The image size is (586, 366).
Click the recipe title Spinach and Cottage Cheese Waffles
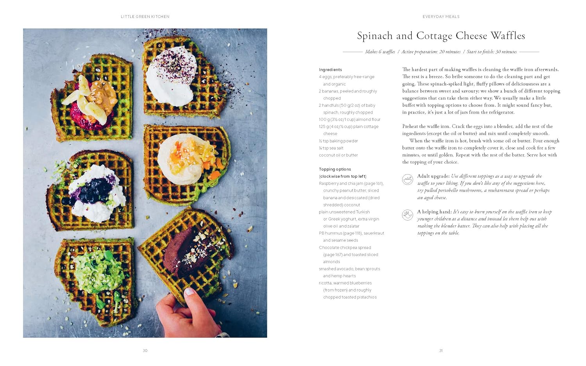(x=441, y=36)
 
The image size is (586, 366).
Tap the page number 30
(x=145, y=350)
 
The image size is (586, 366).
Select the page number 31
(x=441, y=350)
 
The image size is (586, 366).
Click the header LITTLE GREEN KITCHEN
(x=145, y=16)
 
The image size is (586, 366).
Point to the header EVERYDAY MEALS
(x=441, y=16)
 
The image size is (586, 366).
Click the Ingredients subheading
(x=331, y=70)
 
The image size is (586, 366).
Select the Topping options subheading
(x=335, y=169)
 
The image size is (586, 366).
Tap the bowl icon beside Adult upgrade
(x=407, y=179)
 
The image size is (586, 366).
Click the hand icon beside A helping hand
(x=407, y=215)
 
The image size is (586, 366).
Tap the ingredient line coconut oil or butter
(x=338, y=155)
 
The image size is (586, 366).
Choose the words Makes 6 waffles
(x=380, y=52)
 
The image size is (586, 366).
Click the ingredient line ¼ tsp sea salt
(x=331, y=148)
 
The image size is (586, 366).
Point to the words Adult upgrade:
(x=434, y=176)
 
